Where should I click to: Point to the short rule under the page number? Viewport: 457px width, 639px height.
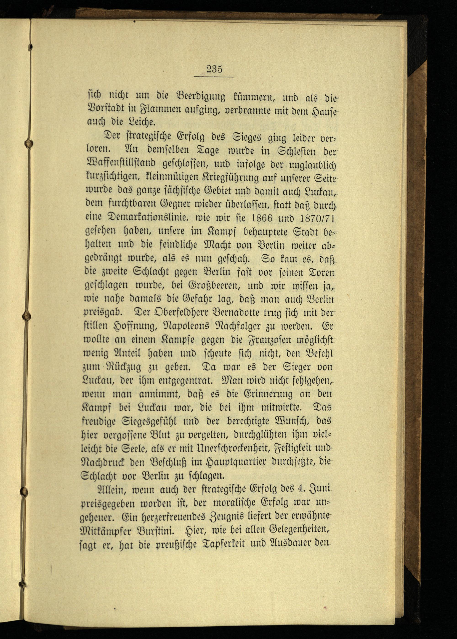point(214,77)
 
